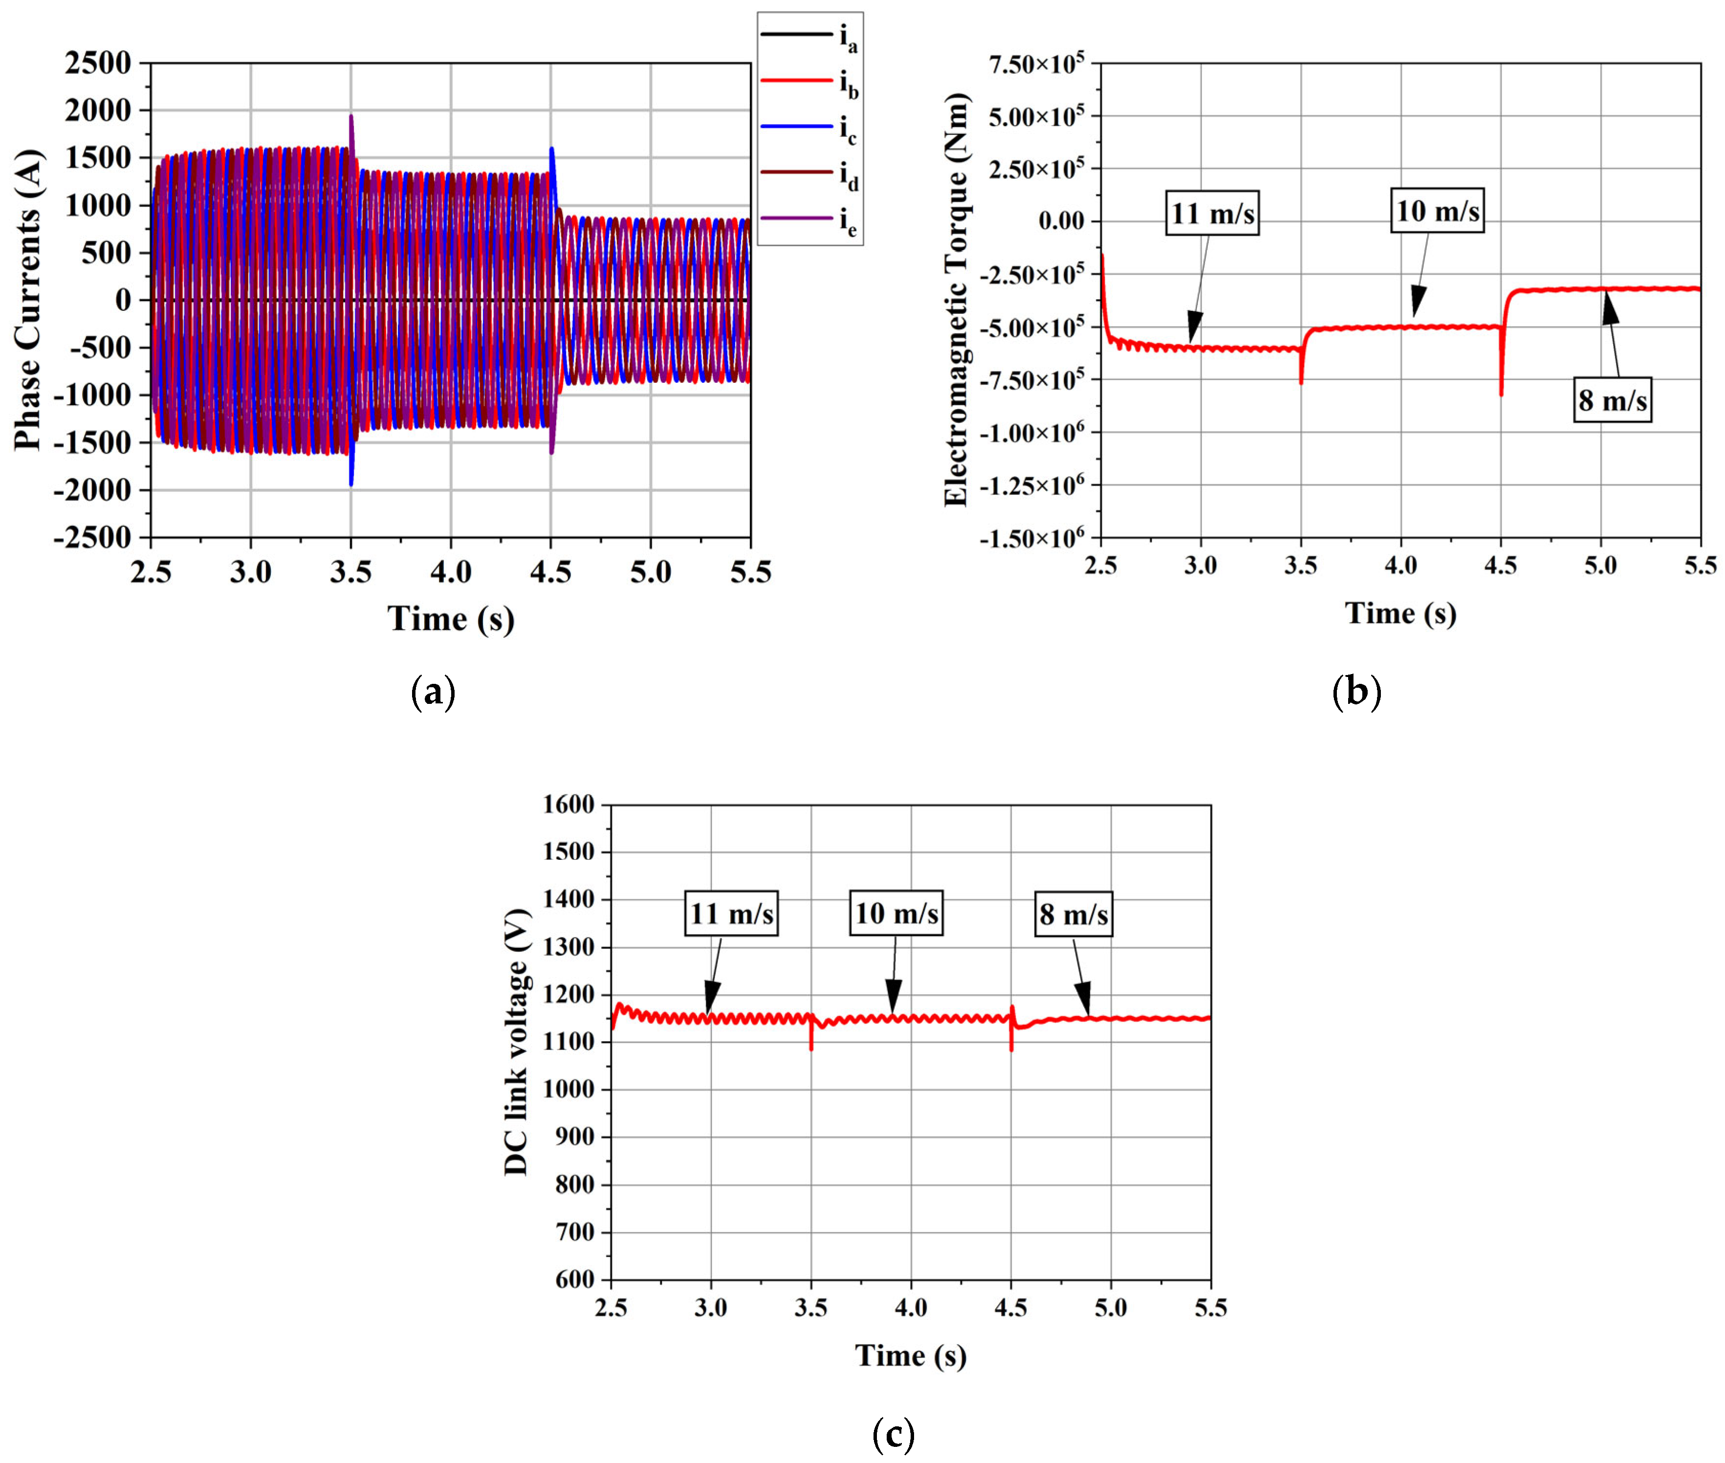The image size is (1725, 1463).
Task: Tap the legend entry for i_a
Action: pyautogui.click(x=808, y=35)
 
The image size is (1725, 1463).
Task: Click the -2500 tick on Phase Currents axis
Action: pyautogui.click(x=93, y=537)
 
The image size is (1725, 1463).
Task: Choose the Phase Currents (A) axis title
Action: pyautogui.click(x=27, y=300)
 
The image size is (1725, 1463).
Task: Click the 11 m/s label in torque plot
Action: pyautogui.click(x=1212, y=214)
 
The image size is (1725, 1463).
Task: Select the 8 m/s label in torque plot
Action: pyautogui.click(x=1612, y=401)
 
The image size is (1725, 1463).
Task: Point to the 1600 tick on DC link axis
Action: pyautogui.click(x=569, y=805)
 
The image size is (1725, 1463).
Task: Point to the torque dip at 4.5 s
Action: pyautogui.click(x=1501, y=393)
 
